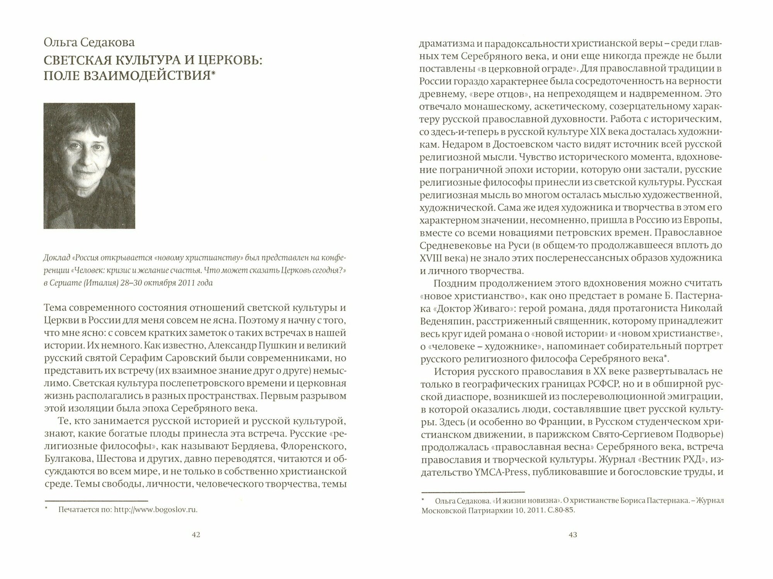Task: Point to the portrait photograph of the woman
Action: (x=89, y=165)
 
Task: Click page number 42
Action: (x=196, y=535)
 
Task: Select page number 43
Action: (x=572, y=535)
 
